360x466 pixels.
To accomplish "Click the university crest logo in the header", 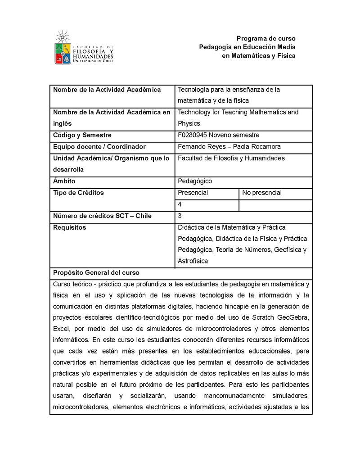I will point(63,48).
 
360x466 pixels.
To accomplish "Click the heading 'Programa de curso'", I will point(266,38).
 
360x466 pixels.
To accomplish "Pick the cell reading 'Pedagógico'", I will point(195,181).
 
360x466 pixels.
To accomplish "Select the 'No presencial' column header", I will point(262,193).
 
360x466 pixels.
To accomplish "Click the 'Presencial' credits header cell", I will point(193,193).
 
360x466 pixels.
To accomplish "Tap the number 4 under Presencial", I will point(180,204).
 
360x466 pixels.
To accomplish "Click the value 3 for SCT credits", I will point(180,216).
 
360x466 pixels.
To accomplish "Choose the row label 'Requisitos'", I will point(69,227).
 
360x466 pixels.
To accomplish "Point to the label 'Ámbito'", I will point(64,181).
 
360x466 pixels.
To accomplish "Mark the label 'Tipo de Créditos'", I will point(78,193).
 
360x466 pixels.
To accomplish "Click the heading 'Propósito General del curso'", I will point(96,273).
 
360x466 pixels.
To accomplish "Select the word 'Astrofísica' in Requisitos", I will point(193,261).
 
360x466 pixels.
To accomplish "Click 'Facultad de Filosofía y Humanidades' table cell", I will point(231,158).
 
